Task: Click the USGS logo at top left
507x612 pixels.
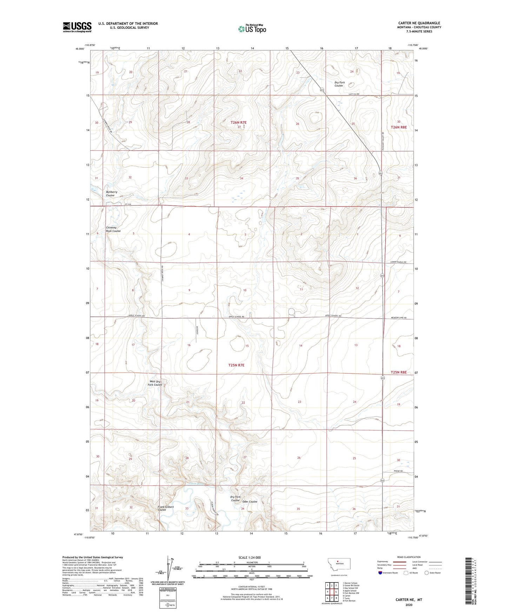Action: pos(77,27)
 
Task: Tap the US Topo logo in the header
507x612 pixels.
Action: pos(252,29)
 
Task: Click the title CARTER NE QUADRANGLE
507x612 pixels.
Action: pos(419,23)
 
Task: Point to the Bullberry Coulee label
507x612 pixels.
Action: pos(111,193)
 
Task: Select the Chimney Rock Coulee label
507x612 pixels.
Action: pos(113,229)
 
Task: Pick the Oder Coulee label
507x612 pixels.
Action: pos(250,502)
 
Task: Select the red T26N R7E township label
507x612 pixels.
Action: pos(238,122)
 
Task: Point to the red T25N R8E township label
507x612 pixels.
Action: pos(398,372)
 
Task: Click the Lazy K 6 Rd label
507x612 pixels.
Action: pos(354,94)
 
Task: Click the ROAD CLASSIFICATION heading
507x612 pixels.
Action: pos(409,557)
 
